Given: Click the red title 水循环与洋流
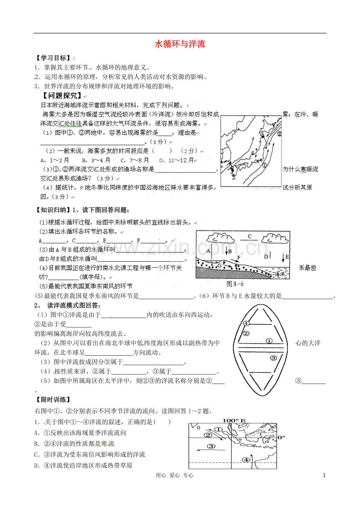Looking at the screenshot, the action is coord(180,44).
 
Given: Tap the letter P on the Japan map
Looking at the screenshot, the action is coord(256,156).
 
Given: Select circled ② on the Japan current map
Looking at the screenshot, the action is coord(279,134).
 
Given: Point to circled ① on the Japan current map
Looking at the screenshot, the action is coord(265,165).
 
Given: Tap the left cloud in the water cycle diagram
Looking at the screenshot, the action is coord(220,238).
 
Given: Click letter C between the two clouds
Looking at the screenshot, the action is coord(250,236).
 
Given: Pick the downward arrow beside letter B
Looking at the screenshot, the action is coord(227,251).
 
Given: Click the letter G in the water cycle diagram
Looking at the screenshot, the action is coord(219,265).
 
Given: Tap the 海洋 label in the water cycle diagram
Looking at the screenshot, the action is coord(279,274).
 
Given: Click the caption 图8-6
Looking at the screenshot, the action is coord(235,284).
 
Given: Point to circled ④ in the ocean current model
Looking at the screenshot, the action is coord(246,323).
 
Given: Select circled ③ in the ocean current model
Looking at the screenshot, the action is coord(274,358).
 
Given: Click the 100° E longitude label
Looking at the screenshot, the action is coord(234,420).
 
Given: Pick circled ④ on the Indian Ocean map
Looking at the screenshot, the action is coord(246,460).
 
